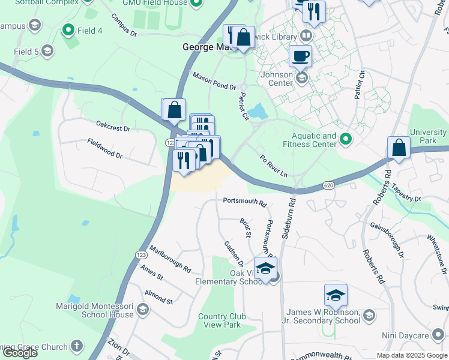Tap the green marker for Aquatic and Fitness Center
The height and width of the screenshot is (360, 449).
click(x=345, y=140)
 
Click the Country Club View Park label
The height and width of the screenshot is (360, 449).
click(x=220, y=321)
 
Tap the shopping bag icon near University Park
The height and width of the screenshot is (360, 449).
click(x=399, y=149)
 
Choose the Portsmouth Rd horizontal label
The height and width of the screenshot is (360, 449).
click(x=244, y=202)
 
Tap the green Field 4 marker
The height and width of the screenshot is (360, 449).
click(x=68, y=29)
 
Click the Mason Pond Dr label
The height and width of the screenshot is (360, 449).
click(x=214, y=81)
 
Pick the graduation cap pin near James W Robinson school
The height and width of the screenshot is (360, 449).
click(x=336, y=295)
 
